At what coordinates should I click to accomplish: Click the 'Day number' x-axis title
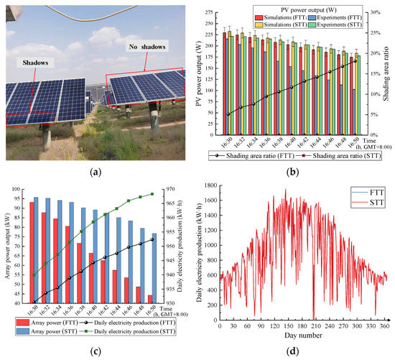tap(303, 335)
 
